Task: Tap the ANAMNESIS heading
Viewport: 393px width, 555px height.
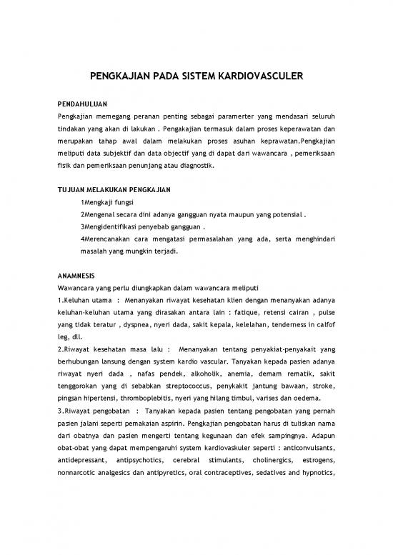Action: click(75, 274)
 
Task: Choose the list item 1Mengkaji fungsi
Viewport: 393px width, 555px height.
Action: click(107, 203)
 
